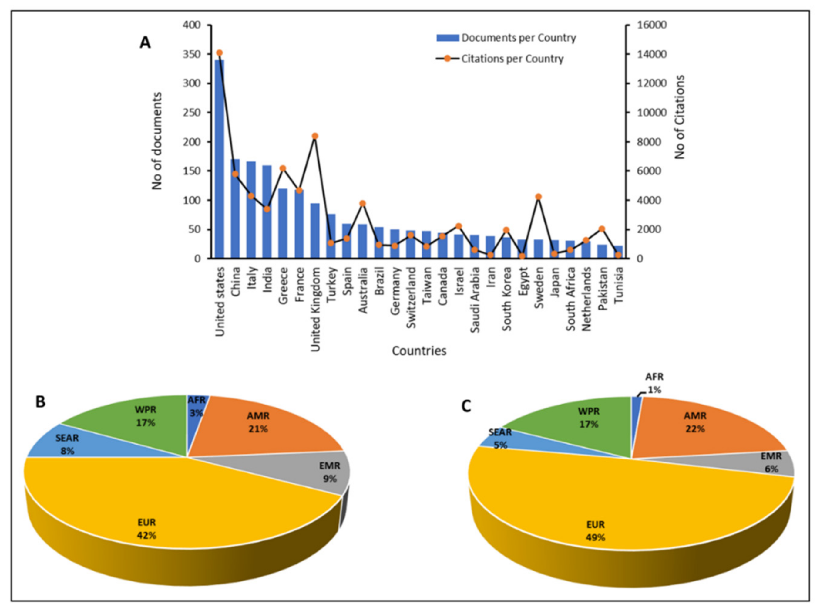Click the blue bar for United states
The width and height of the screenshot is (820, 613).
tap(220, 160)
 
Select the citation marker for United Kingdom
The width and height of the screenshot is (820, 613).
tap(315, 136)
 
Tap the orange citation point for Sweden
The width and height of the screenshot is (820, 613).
tap(539, 197)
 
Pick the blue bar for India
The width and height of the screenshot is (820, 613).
tap(267, 212)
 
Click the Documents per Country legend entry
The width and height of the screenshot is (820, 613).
tap(506, 38)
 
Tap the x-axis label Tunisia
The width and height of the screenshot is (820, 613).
tap(618, 286)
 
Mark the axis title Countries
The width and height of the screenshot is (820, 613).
tap(419, 351)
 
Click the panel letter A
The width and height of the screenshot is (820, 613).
tap(145, 43)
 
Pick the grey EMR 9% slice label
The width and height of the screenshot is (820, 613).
tap(329, 472)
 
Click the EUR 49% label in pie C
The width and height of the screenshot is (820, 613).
tap(595, 531)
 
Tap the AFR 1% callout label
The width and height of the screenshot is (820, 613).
tap(654, 383)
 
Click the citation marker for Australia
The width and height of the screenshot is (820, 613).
tap(363, 203)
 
